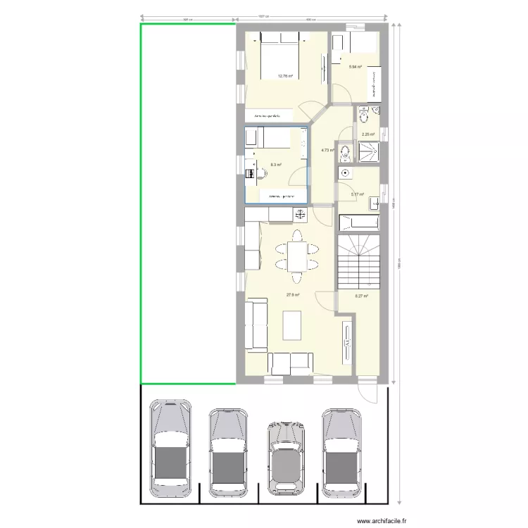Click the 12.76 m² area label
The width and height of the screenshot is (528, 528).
(x=284, y=76)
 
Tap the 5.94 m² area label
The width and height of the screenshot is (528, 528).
(x=356, y=67)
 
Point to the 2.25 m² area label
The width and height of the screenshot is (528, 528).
(x=367, y=134)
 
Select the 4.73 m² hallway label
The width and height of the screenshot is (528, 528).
(x=327, y=150)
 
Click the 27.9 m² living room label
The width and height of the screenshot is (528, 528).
(x=293, y=295)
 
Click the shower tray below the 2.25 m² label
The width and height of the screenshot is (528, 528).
(x=368, y=151)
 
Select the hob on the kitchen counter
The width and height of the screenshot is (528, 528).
(x=300, y=215)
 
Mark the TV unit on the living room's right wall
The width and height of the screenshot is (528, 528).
(x=348, y=342)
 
